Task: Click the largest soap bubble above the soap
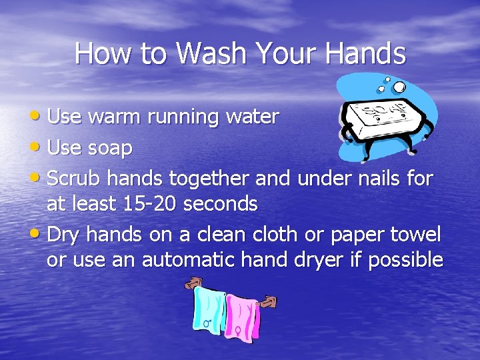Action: click(x=399, y=87)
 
